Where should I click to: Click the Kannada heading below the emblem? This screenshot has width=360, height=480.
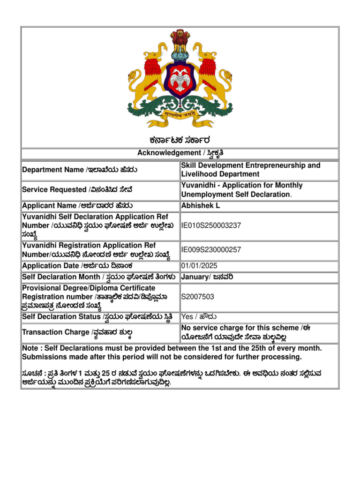point(180,140)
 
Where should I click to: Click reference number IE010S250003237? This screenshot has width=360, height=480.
point(211,225)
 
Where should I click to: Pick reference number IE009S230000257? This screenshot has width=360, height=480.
point(211,250)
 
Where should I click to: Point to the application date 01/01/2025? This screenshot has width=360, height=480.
point(199,266)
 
